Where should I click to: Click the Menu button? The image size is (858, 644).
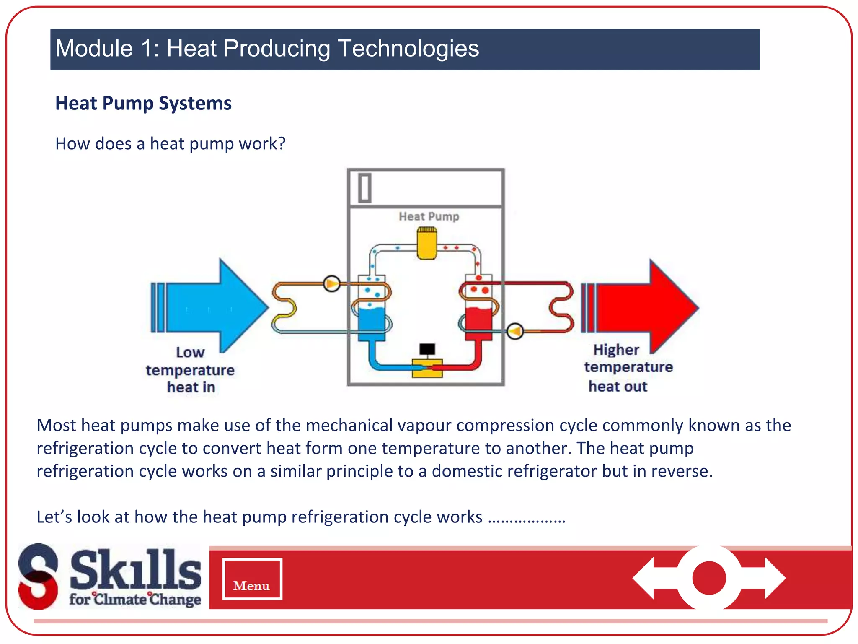click(252, 579)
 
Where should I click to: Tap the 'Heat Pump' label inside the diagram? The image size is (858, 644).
click(429, 216)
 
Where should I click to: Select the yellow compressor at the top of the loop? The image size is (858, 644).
click(426, 244)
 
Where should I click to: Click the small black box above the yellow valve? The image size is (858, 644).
click(427, 349)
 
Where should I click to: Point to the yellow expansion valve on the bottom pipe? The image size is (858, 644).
click(427, 368)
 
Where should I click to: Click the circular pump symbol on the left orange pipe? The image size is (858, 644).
click(331, 284)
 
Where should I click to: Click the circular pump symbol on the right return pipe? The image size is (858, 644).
click(515, 331)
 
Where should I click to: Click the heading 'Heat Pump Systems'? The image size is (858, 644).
click(143, 103)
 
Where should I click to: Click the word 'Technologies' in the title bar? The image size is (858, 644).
click(408, 48)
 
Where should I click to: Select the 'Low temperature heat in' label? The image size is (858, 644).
click(190, 370)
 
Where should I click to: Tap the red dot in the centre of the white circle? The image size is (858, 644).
click(709, 578)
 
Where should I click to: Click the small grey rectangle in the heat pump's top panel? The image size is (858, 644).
click(364, 188)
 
